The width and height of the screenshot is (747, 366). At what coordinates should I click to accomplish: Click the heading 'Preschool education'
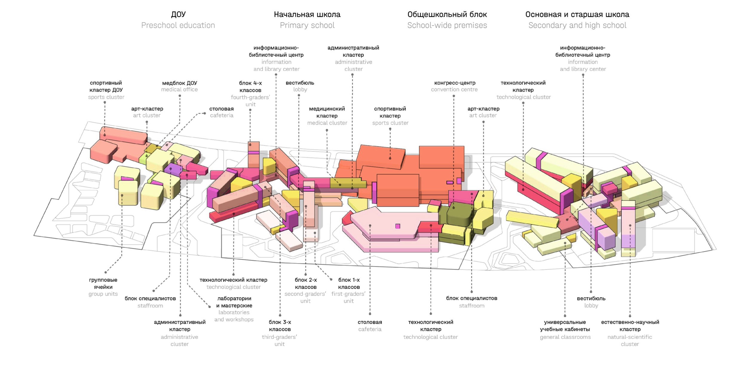pyautogui.click(x=178, y=25)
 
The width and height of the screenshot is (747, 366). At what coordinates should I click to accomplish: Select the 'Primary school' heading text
pyautogui.click(x=307, y=25)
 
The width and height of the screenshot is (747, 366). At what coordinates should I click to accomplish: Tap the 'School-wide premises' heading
pyautogui.click(x=447, y=25)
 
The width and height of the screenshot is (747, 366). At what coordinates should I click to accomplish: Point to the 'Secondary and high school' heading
pyautogui.click(x=577, y=25)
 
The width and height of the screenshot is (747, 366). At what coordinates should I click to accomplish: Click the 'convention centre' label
pyautogui.click(x=454, y=90)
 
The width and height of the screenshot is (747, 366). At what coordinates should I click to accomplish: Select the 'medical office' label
pyautogui.click(x=179, y=90)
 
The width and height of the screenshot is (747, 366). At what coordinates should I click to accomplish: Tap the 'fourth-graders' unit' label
pyautogui.click(x=250, y=101)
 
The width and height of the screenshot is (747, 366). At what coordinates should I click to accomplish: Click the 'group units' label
pyautogui.click(x=103, y=294)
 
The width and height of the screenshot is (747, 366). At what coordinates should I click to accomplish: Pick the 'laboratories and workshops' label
pyautogui.click(x=234, y=316)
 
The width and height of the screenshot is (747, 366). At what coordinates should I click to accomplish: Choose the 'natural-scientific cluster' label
pyautogui.click(x=630, y=340)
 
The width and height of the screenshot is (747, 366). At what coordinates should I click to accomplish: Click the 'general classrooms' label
pyautogui.click(x=565, y=337)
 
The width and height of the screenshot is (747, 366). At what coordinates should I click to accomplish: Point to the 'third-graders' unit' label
pyautogui.click(x=279, y=340)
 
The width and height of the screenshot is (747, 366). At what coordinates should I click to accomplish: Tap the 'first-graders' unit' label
pyautogui.click(x=348, y=297)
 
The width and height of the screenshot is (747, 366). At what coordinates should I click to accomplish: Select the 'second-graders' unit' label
pyautogui.click(x=305, y=297)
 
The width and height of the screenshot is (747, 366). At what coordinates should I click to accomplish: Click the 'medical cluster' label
pyautogui.click(x=327, y=123)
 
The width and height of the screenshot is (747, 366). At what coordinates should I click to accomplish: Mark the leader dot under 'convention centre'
pyautogui.click(x=454, y=96)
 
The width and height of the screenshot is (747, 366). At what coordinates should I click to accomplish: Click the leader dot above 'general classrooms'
pyautogui.click(x=565, y=316)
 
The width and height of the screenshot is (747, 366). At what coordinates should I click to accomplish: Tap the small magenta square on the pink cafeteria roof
pyautogui.click(x=397, y=226)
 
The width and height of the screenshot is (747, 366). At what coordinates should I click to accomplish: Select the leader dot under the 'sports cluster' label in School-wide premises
pyautogui.click(x=390, y=129)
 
